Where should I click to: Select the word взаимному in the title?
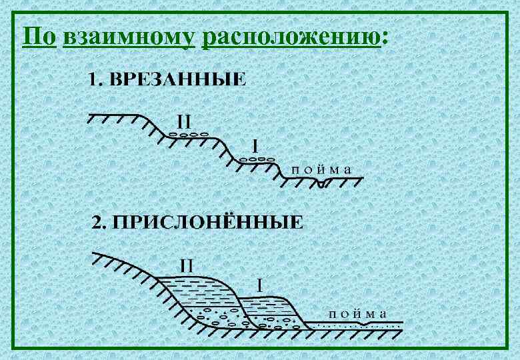click(128, 37)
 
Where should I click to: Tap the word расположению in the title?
click(290, 37)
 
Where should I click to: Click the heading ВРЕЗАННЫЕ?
click(177, 80)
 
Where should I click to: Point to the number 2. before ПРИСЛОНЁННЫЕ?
click(100, 222)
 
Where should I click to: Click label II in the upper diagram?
click(184, 122)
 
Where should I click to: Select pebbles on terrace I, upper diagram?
click(257, 159)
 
